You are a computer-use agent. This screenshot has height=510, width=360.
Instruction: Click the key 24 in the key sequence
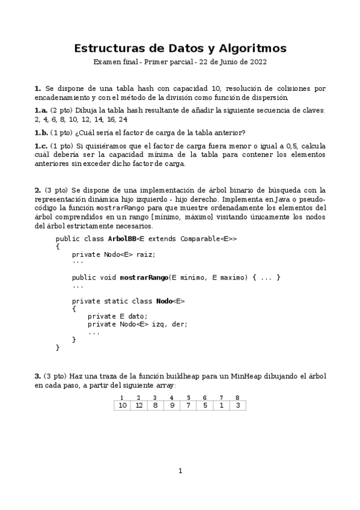coord(123,119)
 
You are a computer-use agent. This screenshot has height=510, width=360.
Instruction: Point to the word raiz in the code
coord(146,254)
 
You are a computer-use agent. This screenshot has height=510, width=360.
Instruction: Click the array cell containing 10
coord(122,405)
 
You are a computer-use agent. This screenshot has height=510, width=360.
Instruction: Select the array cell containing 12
coord(139,405)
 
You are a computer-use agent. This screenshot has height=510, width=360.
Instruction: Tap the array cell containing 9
coord(172,405)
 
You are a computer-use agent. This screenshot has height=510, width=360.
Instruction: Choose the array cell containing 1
coord(221,405)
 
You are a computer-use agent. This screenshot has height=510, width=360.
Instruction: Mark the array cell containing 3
coord(237,405)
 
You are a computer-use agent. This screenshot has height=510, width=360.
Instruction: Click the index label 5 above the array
coord(188,398)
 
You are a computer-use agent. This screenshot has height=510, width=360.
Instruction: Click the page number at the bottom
coord(180,470)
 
